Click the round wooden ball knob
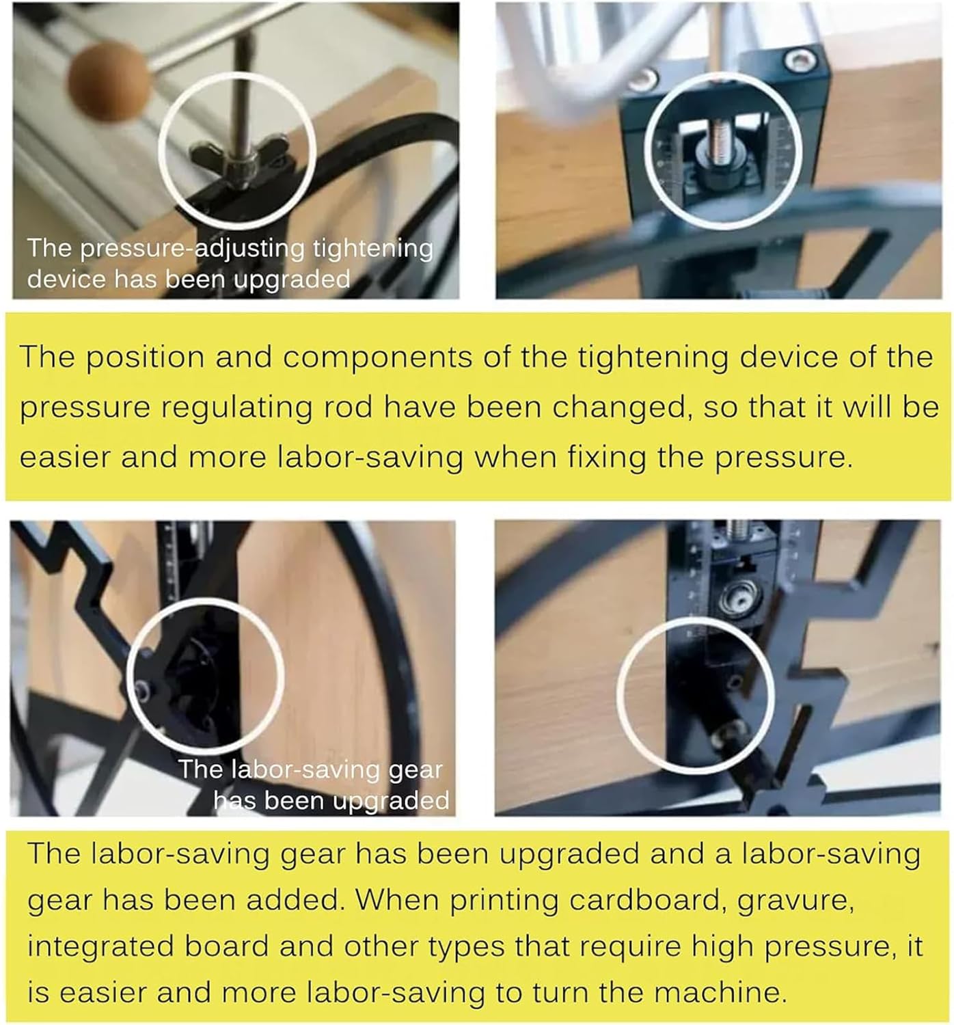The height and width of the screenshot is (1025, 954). [109, 81]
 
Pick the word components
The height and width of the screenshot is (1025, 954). [377, 358]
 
